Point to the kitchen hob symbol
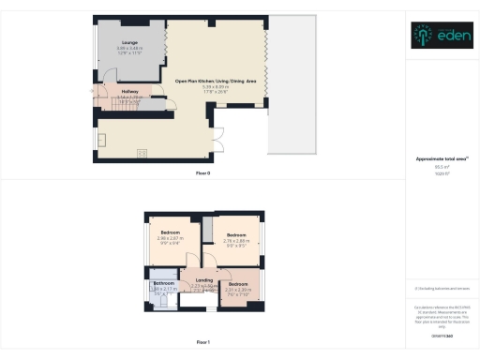[142, 154]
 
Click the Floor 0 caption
[202, 173]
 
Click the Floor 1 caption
[202, 342]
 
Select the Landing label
[204, 279]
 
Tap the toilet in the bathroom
[156, 292]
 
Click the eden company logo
[441, 36]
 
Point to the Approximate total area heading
[440, 159]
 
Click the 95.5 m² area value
[440, 167]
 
